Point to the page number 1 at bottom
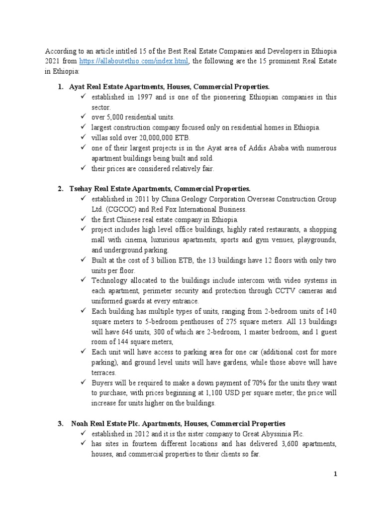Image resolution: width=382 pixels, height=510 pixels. (x=335, y=474)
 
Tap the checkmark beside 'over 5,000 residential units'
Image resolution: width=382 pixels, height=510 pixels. (x=83, y=117)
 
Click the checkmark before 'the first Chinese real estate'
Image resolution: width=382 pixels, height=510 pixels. (x=83, y=219)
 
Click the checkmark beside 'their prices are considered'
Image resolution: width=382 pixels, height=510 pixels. (x=83, y=168)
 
